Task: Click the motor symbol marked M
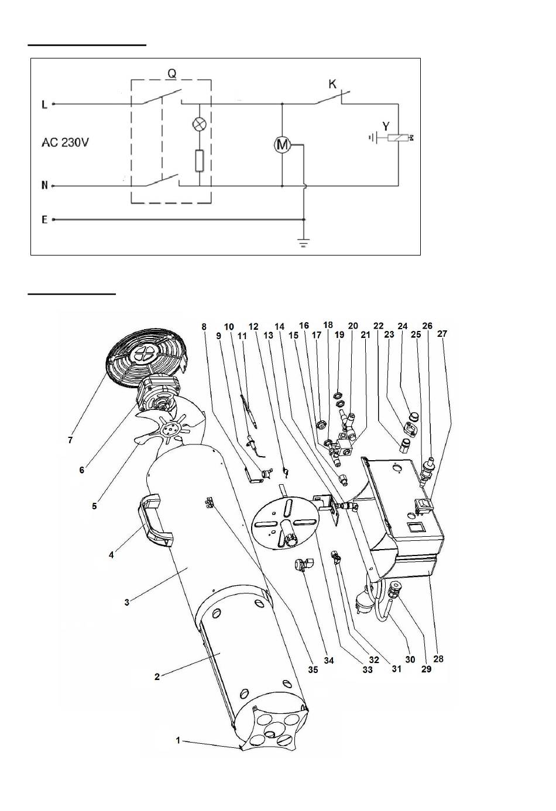tap(282, 145)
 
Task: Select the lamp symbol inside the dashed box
tap(200, 124)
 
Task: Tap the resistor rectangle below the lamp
tap(200, 160)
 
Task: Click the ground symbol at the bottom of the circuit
tap(304, 243)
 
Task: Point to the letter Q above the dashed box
tap(172, 74)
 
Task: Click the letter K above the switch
tap(332, 84)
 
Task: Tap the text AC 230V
tap(65, 143)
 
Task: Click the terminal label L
tap(44, 105)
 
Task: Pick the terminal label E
tap(44, 220)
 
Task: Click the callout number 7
tap(70, 440)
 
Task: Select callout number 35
tap(313, 669)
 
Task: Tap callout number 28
tap(438, 658)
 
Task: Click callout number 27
tap(442, 333)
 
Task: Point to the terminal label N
tap(44, 186)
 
